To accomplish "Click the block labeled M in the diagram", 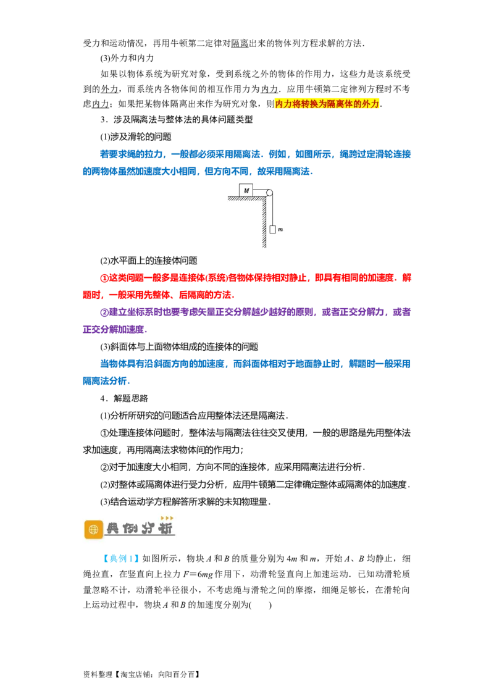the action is pyautogui.click(x=246, y=190).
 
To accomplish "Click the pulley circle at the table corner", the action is pyautogui.click(x=269, y=193).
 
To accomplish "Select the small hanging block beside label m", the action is pyautogui.click(x=272, y=230).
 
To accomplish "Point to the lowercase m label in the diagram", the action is pyautogui.click(x=280, y=230).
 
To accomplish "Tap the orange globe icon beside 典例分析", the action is pyautogui.click(x=94, y=530).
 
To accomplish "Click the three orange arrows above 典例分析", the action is pyautogui.click(x=167, y=518).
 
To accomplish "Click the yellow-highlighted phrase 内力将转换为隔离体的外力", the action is pyautogui.click(x=327, y=104).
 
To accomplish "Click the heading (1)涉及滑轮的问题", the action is pyautogui.click(x=136, y=137).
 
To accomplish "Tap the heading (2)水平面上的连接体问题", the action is pyautogui.click(x=149, y=261).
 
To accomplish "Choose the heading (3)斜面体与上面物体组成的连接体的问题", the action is pyautogui.click(x=179, y=347).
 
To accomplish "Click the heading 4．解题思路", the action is pyautogui.click(x=124, y=398).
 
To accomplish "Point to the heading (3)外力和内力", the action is pyautogui.click(x=127, y=59).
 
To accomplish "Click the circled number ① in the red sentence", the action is pyautogui.click(x=104, y=278).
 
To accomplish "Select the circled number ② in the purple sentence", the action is pyautogui.click(x=104, y=312).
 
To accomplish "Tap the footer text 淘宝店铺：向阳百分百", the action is pyautogui.click(x=157, y=674).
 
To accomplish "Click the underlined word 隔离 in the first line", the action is pyautogui.click(x=240, y=43).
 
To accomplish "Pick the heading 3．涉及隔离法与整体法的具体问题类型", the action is pyautogui.click(x=177, y=119).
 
